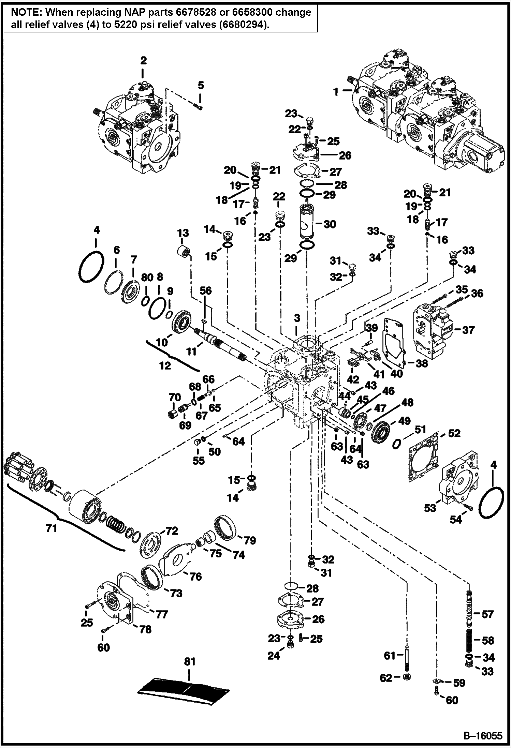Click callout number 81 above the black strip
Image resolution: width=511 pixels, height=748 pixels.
coord(190,661)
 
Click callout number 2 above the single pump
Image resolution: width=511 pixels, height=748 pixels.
coord(143,61)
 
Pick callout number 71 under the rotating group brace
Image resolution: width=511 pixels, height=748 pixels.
coord(51,529)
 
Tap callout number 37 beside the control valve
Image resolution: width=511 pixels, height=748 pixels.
coord(468,330)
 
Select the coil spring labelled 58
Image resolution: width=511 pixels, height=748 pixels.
coord(470,640)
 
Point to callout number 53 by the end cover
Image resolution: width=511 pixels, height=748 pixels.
coord(430,508)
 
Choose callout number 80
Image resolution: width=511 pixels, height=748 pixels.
coord(147,278)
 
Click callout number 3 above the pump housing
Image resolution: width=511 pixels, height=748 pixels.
coord(297,318)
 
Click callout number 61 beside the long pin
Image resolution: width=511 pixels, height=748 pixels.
coord(390,656)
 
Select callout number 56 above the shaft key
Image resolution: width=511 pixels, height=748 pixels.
coord(206,290)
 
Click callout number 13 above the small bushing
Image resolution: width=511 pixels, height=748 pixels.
coord(183,233)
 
